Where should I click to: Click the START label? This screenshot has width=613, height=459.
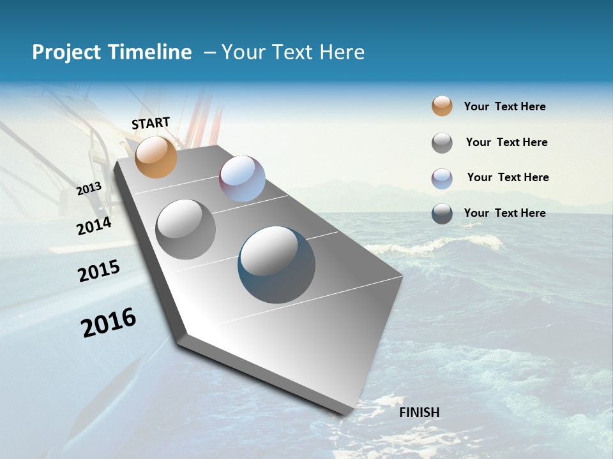tap(151, 122)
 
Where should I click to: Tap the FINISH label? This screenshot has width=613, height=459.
tap(420, 412)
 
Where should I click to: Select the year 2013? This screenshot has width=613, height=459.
tap(89, 189)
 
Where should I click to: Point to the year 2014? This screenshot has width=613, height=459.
tap(94, 226)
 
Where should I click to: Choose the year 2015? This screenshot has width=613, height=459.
tap(99, 271)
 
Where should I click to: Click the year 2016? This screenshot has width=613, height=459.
tap(109, 323)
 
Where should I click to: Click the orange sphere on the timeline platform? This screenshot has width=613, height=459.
tap(156, 157)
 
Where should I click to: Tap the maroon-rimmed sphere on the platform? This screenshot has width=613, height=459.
tap(242, 178)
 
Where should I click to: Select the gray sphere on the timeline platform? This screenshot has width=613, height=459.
tap(186, 229)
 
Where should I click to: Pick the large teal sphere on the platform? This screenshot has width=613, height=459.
tap(276, 265)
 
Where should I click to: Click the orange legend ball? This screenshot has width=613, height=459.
tap(442, 106)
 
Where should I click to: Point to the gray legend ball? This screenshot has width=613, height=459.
tap(442, 143)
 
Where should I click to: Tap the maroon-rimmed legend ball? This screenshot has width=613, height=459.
tap(442, 178)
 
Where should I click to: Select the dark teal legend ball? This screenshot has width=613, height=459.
tap(442, 214)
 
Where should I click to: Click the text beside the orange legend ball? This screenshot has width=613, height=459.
tap(504, 106)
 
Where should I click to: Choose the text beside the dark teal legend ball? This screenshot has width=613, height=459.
tap(504, 213)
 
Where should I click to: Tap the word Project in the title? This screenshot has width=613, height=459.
tap(66, 52)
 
